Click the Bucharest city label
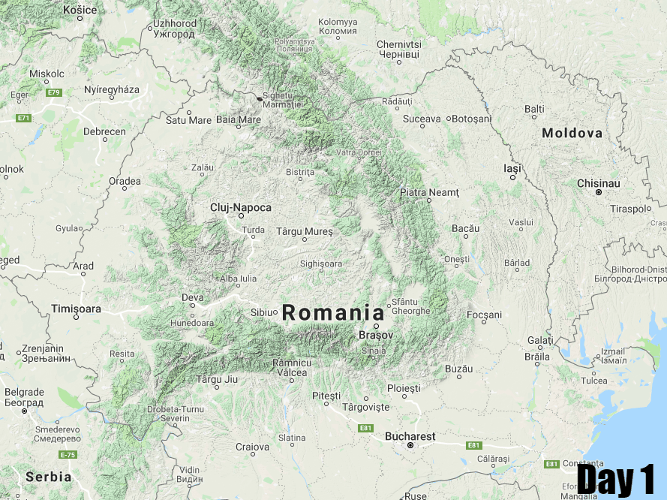pyautogui.click(x=410, y=436)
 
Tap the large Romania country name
pyautogui.click(x=333, y=313)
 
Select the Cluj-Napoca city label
pyautogui.click(x=241, y=207)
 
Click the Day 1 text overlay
pyautogui.click(x=616, y=479)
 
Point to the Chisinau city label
pyautogui.click(x=598, y=183)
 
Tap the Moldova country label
pyautogui.click(x=572, y=133)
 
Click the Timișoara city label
pyautogui.click(x=76, y=309)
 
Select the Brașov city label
pyautogui.click(x=376, y=335)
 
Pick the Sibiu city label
pyautogui.click(x=263, y=312)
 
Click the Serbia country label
pyautogui.click(x=49, y=477)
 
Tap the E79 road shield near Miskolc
pyautogui.click(x=53, y=92)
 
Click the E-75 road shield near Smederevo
pyautogui.click(x=68, y=455)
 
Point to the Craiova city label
pyautogui.click(x=252, y=447)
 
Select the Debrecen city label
pyautogui.click(x=104, y=131)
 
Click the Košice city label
pyautogui.click(x=80, y=9)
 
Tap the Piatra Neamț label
pyautogui.click(x=428, y=193)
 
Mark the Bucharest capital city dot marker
pyautogui.click(x=410, y=446)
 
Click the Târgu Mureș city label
pyautogui.click(x=304, y=231)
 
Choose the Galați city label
pyautogui.click(x=540, y=340)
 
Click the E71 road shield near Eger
pyautogui.click(x=24, y=118)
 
